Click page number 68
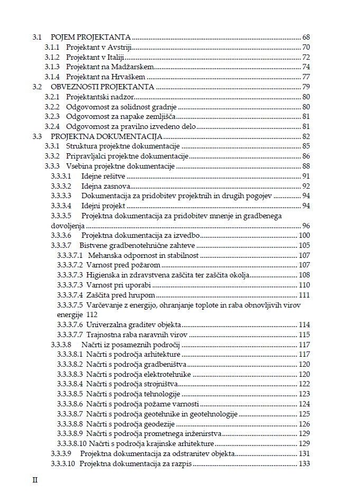[x=306, y=38]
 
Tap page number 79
[x=306, y=87]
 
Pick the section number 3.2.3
[x=52, y=116]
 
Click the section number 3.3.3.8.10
[x=71, y=443]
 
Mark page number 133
[x=304, y=463]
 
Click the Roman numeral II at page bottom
[x=36, y=480]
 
